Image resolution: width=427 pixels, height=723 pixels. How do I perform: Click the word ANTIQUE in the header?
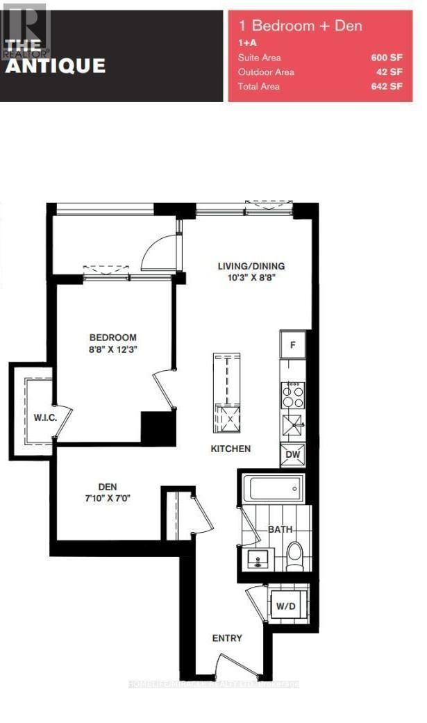coord(56,66)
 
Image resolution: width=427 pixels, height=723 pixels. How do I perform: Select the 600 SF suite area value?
coord(387,58)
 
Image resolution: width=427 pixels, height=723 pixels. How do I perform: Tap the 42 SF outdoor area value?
coord(390,72)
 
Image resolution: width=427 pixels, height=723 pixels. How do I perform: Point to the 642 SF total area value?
coord(387,87)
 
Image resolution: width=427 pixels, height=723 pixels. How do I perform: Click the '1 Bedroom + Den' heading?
coord(301,26)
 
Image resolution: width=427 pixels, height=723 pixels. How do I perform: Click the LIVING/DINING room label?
coord(251,266)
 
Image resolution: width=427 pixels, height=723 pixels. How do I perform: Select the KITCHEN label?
coord(231,449)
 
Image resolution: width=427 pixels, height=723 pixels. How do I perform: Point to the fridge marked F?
coord(293,344)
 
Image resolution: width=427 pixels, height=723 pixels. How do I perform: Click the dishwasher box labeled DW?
coord(292,455)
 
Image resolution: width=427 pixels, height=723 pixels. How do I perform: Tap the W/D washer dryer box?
coord(285,606)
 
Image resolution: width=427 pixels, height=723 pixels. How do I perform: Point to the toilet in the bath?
coord(296,555)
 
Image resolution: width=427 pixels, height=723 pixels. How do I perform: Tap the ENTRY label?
coord(228,638)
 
